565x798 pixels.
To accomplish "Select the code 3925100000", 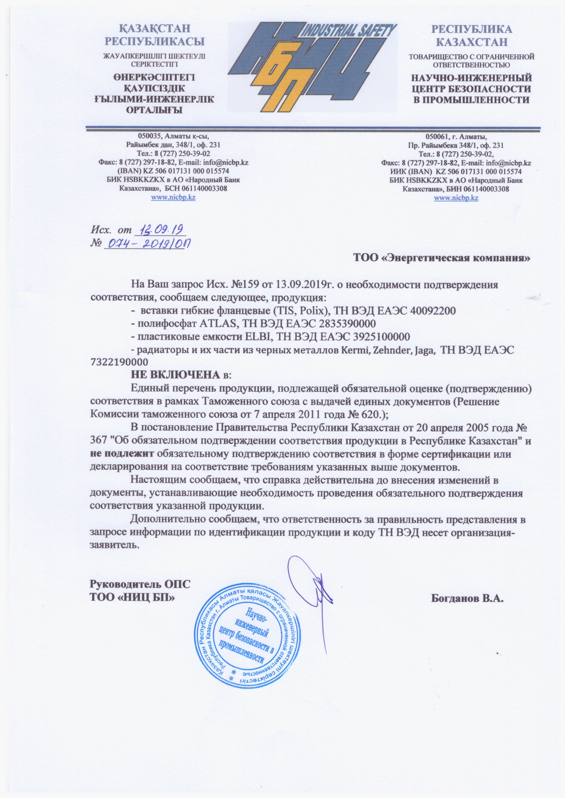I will click(x=382, y=337).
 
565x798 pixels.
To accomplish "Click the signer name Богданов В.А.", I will click(x=467, y=599).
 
